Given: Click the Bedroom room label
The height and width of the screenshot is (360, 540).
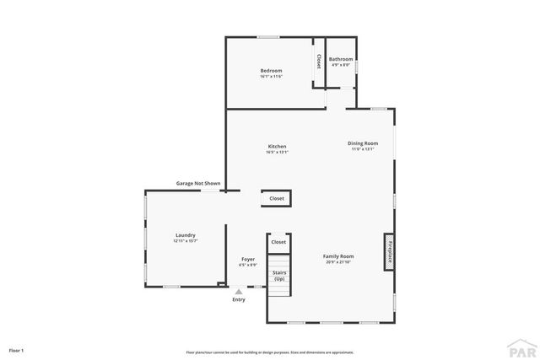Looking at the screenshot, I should (x=271, y=70).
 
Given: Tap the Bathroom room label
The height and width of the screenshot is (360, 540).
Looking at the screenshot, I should (x=341, y=59).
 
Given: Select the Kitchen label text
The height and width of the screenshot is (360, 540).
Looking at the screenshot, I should (x=277, y=147).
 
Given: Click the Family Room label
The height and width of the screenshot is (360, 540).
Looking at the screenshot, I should (x=338, y=255).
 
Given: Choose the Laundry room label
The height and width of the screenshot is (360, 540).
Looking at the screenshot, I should (x=186, y=235).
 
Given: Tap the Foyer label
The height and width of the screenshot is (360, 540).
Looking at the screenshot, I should (x=248, y=259).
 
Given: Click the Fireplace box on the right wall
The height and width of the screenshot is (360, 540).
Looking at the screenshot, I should (x=390, y=251).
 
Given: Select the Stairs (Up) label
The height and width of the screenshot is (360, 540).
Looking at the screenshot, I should (x=279, y=276).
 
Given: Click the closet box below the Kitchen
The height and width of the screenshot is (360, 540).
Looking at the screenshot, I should (x=277, y=199).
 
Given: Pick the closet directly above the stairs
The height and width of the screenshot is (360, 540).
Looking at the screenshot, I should (x=278, y=242).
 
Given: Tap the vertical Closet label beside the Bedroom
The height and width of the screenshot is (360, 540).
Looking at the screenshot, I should (x=318, y=61).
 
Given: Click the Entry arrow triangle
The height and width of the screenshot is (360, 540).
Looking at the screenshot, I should (x=239, y=292).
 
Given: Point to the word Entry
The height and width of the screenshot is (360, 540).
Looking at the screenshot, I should (x=239, y=299).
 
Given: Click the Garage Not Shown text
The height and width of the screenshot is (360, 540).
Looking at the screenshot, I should (x=198, y=183).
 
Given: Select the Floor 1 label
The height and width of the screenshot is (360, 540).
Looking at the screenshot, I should (x=17, y=349).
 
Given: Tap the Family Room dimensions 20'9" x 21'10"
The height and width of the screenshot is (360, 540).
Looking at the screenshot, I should (x=338, y=261).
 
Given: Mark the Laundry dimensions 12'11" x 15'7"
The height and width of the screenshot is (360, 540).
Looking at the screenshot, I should (x=186, y=241).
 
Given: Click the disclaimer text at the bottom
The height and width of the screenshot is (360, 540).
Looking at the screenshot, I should (x=270, y=352).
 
